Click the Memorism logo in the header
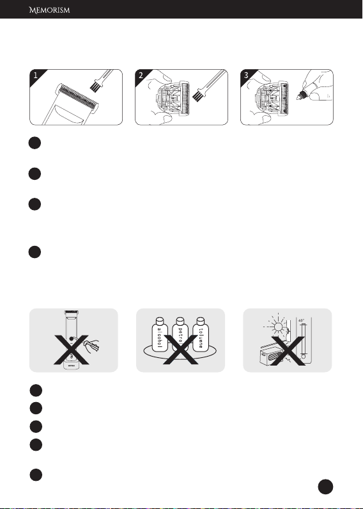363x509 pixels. pyautogui.click(x=49, y=10)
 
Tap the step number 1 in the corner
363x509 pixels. pyautogui.click(x=35, y=76)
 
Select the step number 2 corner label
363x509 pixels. pyautogui.click(x=141, y=76)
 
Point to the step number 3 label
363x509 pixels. pyautogui.click(x=246, y=76)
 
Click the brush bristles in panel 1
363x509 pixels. pyautogui.click(x=95, y=86)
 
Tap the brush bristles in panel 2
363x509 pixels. pyautogui.click(x=197, y=95)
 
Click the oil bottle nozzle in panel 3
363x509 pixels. pyautogui.click(x=300, y=96)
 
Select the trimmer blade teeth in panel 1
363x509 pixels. pyautogui.click(x=77, y=97)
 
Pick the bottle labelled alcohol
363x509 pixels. pyautogui.click(x=160, y=334)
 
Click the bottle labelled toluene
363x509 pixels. pyautogui.click(x=201, y=334)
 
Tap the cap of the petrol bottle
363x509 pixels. pyautogui.click(x=180, y=320)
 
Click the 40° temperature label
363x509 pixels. pyautogui.click(x=302, y=320)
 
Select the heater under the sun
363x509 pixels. pyautogui.click(x=273, y=357)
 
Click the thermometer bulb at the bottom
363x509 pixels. pyautogui.click(x=304, y=357)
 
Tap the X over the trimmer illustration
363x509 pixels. pyautogui.click(x=71, y=350)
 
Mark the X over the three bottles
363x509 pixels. pyautogui.click(x=180, y=350)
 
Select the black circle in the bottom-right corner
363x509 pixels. pyautogui.click(x=325, y=487)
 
